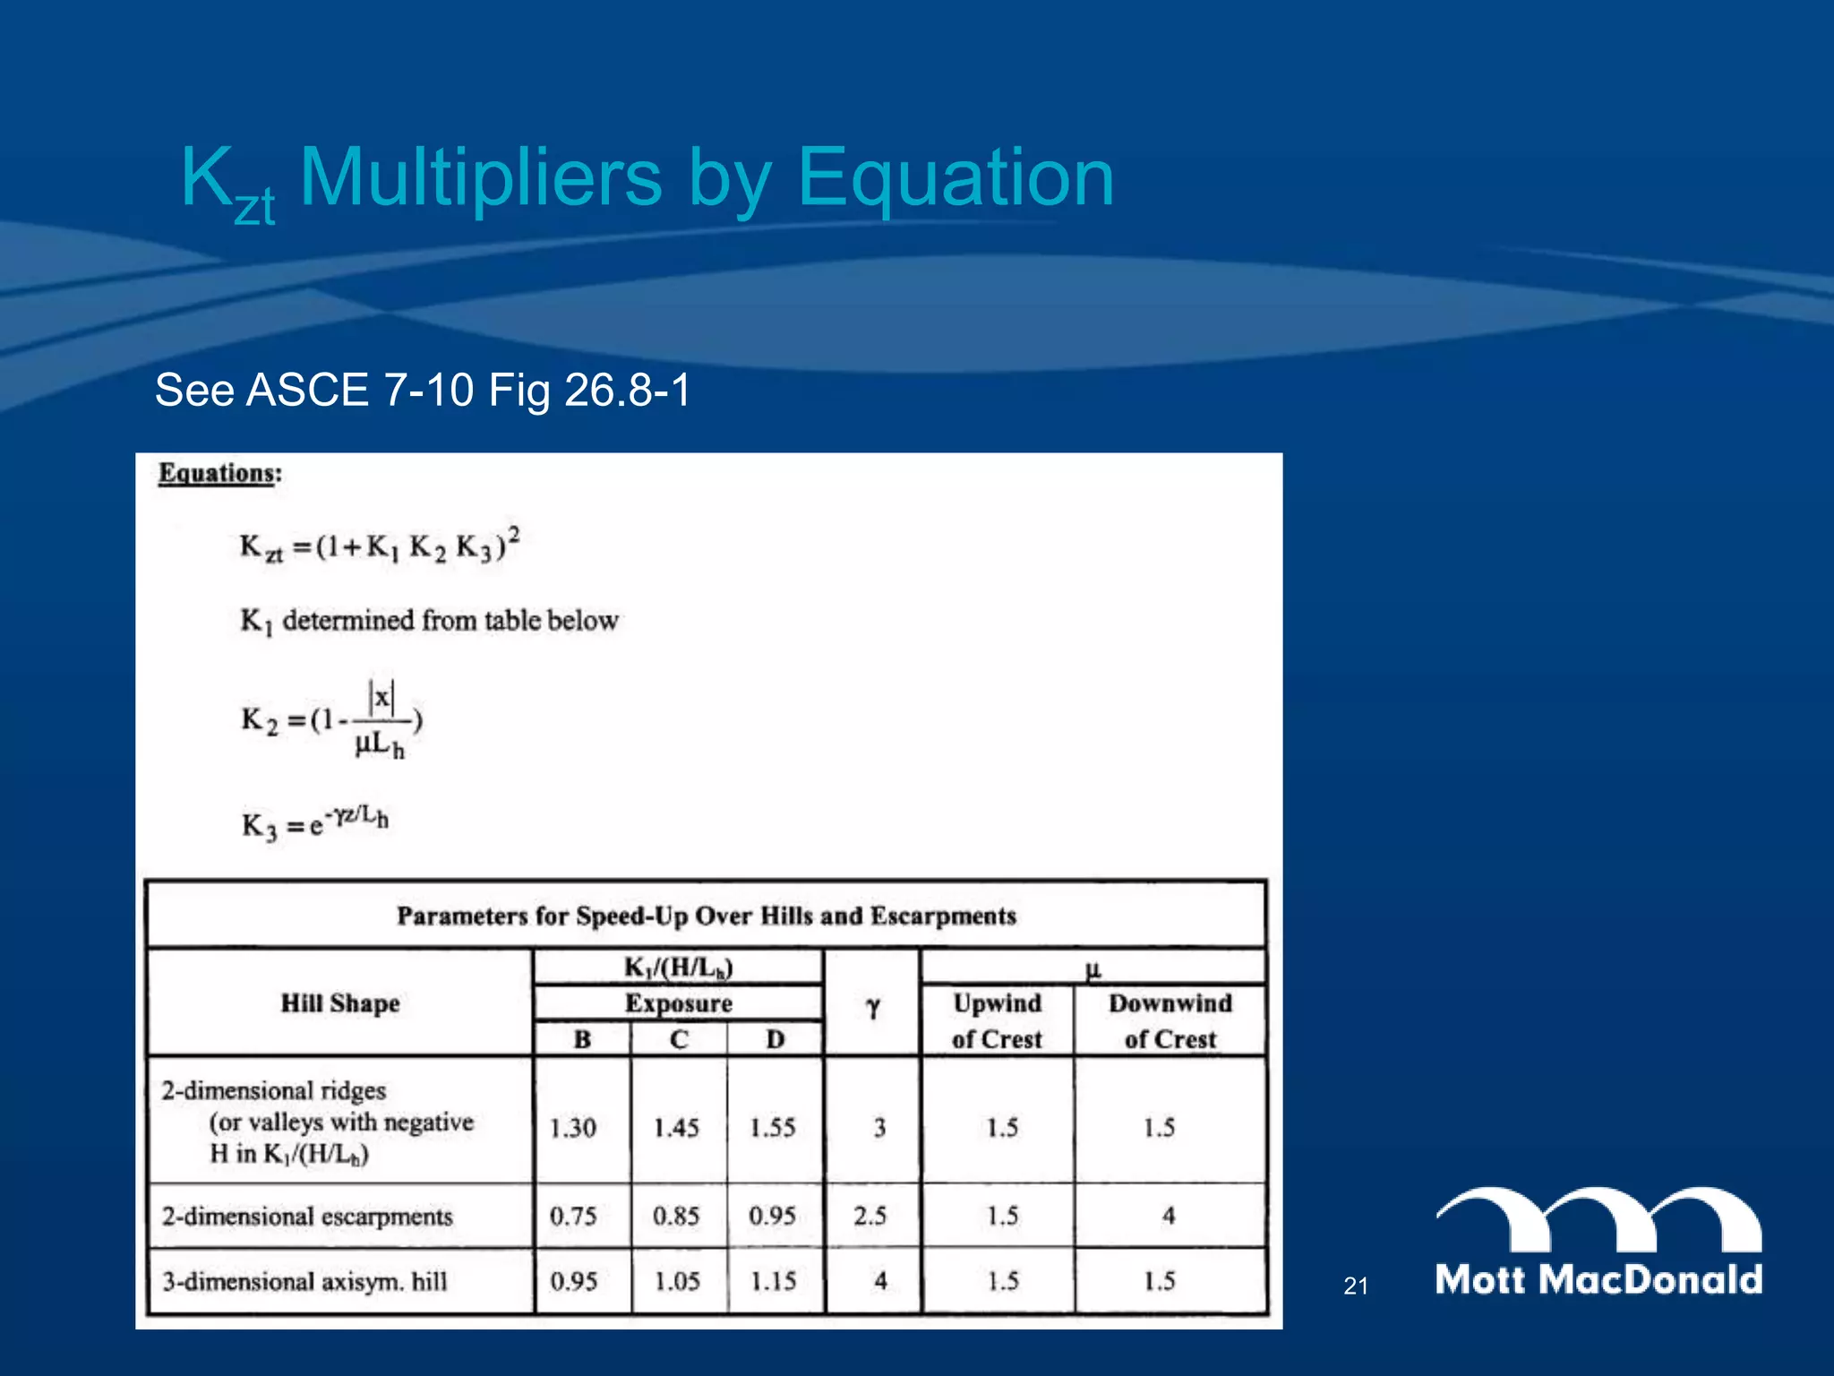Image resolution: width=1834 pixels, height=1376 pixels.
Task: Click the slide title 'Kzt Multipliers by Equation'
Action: click(x=647, y=179)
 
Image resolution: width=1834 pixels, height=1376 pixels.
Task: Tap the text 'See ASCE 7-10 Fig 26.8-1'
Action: click(x=423, y=391)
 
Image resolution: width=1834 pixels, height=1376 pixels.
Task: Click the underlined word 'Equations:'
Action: click(x=219, y=473)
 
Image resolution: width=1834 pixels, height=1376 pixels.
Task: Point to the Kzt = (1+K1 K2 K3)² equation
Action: click(x=380, y=546)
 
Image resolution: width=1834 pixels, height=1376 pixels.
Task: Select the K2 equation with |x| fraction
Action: click(x=332, y=720)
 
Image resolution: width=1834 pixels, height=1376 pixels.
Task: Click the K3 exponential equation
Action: click(x=314, y=822)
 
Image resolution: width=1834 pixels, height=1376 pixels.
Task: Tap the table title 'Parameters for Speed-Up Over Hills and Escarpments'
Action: click(x=707, y=916)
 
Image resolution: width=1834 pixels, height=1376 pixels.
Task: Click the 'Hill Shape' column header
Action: click(x=340, y=1003)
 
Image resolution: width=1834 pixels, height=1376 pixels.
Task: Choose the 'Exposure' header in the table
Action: click(x=678, y=1003)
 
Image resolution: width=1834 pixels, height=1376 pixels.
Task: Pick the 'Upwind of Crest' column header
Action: click(x=997, y=1021)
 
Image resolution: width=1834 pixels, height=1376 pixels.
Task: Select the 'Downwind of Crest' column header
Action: click(x=1170, y=1021)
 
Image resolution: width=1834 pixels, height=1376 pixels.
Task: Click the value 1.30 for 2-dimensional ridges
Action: click(x=573, y=1127)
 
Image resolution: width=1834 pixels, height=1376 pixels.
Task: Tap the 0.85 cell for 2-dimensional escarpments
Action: click(x=676, y=1216)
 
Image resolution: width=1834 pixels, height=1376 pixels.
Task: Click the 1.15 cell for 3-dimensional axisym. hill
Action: click(x=773, y=1281)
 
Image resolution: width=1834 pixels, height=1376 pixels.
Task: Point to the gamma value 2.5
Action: click(x=870, y=1216)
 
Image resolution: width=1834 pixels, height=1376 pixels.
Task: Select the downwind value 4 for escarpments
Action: click(x=1169, y=1216)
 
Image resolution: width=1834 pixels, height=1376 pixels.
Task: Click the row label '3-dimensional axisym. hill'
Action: click(x=304, y=1281)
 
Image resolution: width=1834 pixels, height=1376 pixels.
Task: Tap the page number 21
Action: click(x=1356, y=1286)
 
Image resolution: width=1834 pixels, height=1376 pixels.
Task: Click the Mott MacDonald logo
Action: click(x=1598, y=1242)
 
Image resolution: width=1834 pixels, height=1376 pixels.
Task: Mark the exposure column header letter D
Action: click(x=775, y=1039)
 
